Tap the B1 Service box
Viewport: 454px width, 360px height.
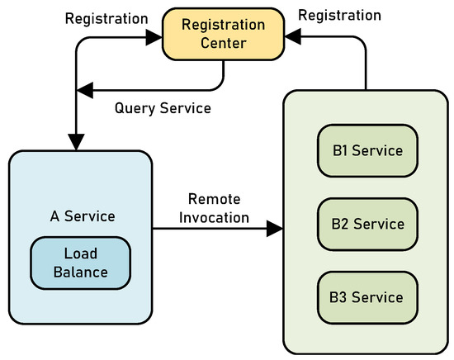(367, 150)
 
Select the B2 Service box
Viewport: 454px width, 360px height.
(367, 224)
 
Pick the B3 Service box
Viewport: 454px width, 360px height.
(367, 296)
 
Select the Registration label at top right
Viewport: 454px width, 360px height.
(339, 15)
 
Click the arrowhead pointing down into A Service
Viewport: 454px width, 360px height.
(75, 143)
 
